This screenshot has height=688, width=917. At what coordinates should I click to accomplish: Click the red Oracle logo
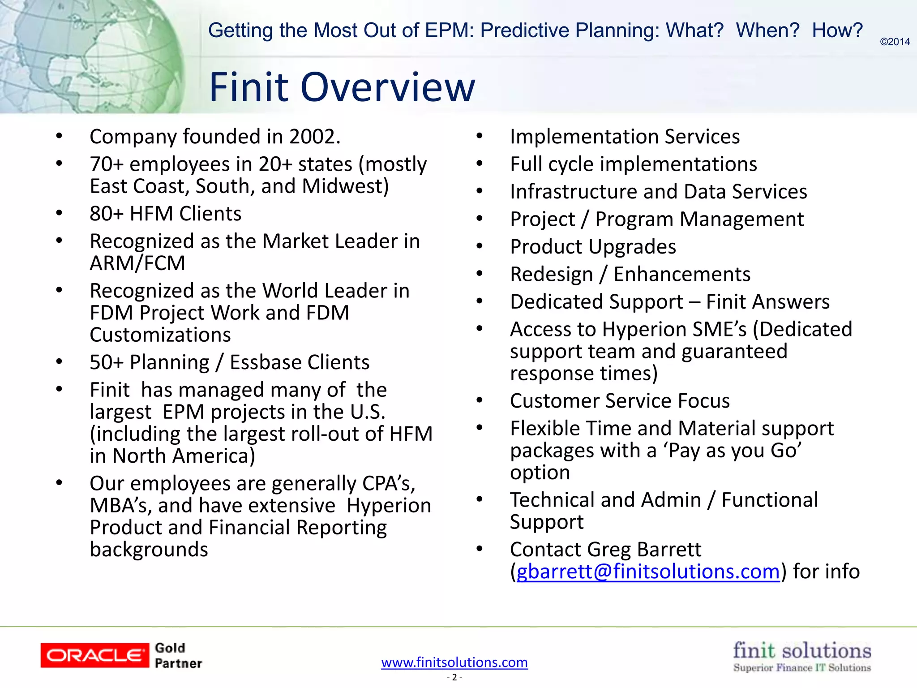[x=94, y=655]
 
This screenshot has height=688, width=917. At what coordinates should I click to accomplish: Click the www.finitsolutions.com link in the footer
[x=454, y=662]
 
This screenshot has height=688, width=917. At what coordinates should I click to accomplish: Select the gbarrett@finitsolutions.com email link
[x=648, y=572]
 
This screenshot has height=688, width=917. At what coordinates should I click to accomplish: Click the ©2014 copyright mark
[x=895, y=42]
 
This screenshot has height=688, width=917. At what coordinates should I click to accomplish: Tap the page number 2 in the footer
[x=454, y=677]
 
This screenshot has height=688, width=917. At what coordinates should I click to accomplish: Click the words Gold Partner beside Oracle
[x=178, y=655]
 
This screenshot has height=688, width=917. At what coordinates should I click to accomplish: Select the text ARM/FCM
[x=137, y=263]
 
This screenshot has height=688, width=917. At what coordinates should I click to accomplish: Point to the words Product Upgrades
[x=593, y=247]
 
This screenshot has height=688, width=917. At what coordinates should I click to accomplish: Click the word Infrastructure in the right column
[x=573, y=192]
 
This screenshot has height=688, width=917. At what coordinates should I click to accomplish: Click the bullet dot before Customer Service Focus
[x=480, y=400]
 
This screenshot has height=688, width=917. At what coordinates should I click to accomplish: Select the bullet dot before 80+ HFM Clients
[x=59, y=213]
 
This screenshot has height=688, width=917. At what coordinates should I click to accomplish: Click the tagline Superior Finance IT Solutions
[x=802, y=668]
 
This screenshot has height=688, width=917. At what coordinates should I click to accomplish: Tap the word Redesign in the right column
[x=551, y=274]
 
